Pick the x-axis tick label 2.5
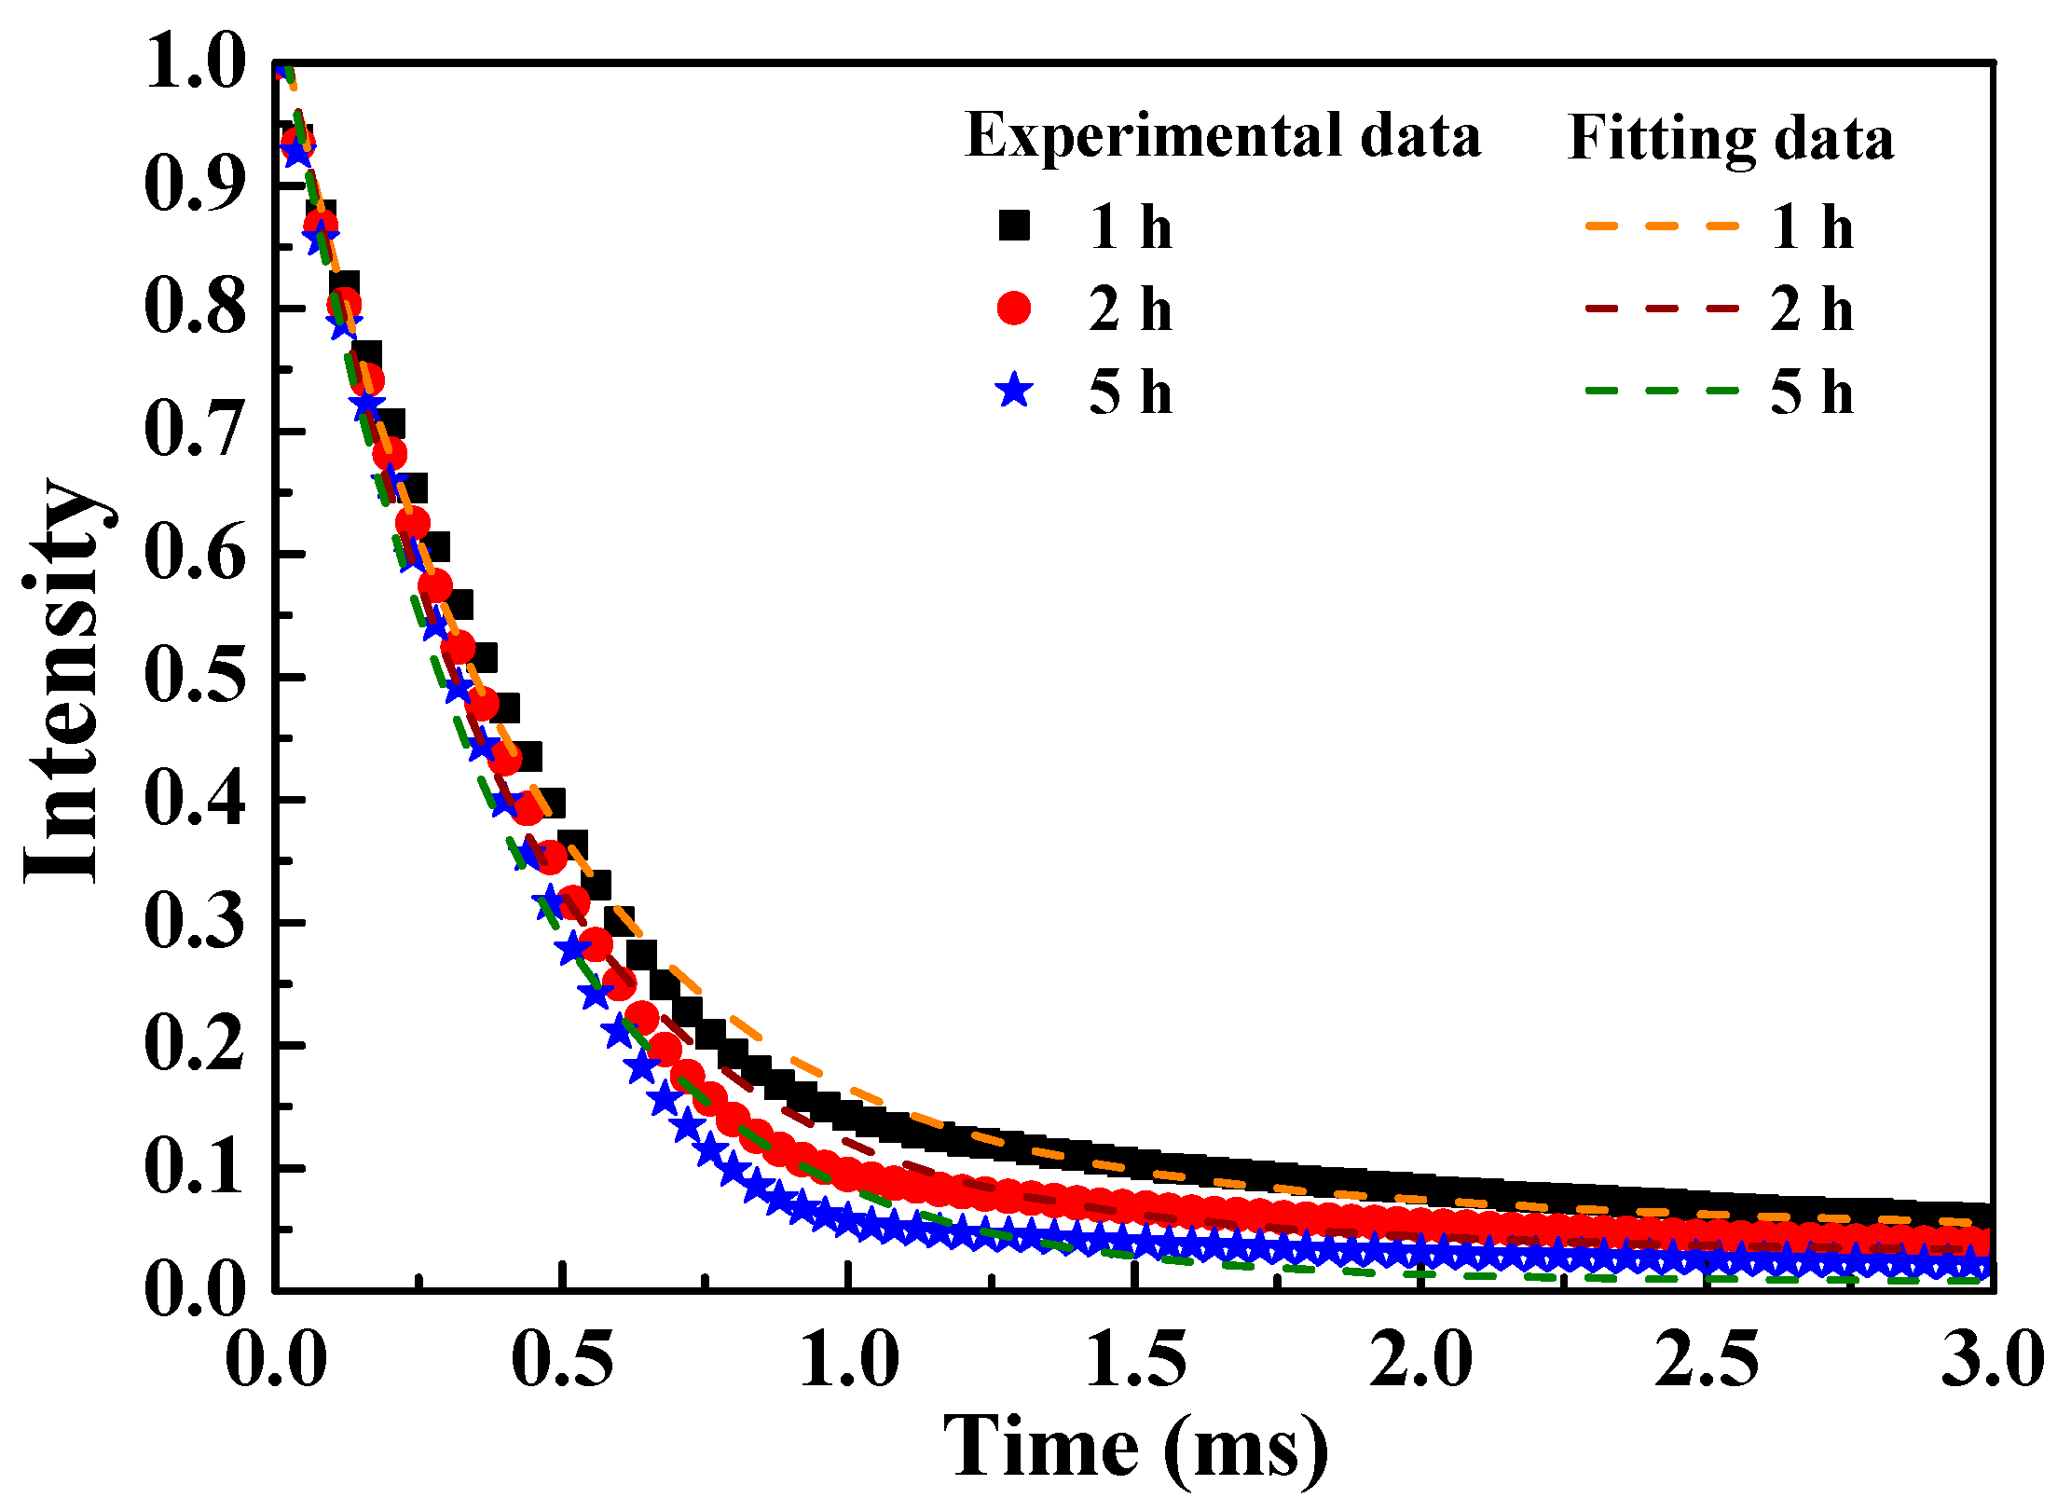[1707, 1359]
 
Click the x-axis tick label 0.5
[563, 1359]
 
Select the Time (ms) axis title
[1135, 1448]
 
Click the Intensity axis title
[63, 680]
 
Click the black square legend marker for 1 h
[1014, 226]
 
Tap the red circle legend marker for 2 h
[1014, 308]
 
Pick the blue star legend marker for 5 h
[1014, 390]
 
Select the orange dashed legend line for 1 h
[1662, 226]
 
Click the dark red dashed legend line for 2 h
[1662, 308]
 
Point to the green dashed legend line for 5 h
[1662, 390]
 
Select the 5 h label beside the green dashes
[1811, 392]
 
